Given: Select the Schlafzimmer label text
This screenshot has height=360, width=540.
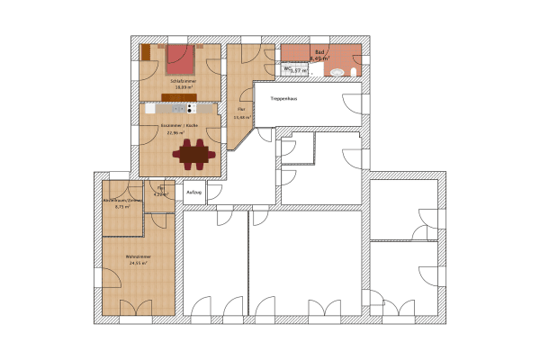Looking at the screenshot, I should (x=183, y=81).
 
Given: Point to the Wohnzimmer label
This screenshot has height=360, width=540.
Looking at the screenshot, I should (x=138, y=256).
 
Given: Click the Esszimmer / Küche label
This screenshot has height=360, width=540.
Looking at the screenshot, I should (x=180, y=125).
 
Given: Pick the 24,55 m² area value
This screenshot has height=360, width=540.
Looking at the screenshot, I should (x=138, y=264).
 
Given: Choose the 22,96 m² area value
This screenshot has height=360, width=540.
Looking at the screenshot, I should (x=176, y=132).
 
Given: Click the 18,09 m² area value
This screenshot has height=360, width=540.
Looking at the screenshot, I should (x=184, y=87).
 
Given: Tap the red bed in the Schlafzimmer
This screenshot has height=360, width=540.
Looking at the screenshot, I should (x=180, y=58).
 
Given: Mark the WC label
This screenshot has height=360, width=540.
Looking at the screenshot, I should (x=287, y=67).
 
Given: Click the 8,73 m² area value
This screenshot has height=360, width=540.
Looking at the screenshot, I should (x=121, y=207).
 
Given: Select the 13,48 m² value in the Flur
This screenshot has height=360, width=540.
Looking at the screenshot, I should (x=240, y=117).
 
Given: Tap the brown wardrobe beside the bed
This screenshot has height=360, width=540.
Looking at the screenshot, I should (x=147, y=55).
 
